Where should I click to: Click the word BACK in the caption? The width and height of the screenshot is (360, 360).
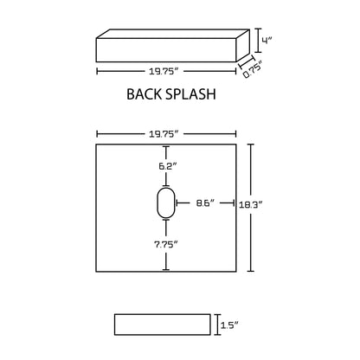(x=145, y=94)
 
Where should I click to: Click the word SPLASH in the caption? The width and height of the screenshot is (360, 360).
(x=191, y=94)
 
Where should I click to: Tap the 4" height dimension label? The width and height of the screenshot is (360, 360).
(x=267, y=40)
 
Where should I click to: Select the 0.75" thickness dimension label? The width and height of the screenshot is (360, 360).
(x=252, y=69)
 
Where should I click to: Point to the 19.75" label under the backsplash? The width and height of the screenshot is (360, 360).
(x=163, y=71)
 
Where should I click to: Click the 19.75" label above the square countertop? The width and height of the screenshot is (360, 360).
(x=163, y=134)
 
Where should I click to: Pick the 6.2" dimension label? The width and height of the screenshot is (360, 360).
(x=167, y=166)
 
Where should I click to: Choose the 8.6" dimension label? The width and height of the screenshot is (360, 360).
(x=205, y=203)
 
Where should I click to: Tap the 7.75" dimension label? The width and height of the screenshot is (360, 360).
(x=165, y=245)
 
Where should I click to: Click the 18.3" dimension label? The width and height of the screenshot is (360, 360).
(x=250, y=205)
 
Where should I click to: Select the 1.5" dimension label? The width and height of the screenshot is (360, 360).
(x=229, y=325)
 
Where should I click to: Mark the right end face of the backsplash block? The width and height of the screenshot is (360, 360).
(x=243, y=45)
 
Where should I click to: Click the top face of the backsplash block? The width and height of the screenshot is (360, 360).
(x=173, y=34)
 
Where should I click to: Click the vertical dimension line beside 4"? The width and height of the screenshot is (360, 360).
(x=258, y=40)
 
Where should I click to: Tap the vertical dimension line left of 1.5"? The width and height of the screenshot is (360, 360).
(x=217, y=325)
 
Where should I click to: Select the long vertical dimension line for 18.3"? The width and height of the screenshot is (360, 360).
(x=251, y=208)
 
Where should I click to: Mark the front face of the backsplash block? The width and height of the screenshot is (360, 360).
(x=166, y=50)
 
